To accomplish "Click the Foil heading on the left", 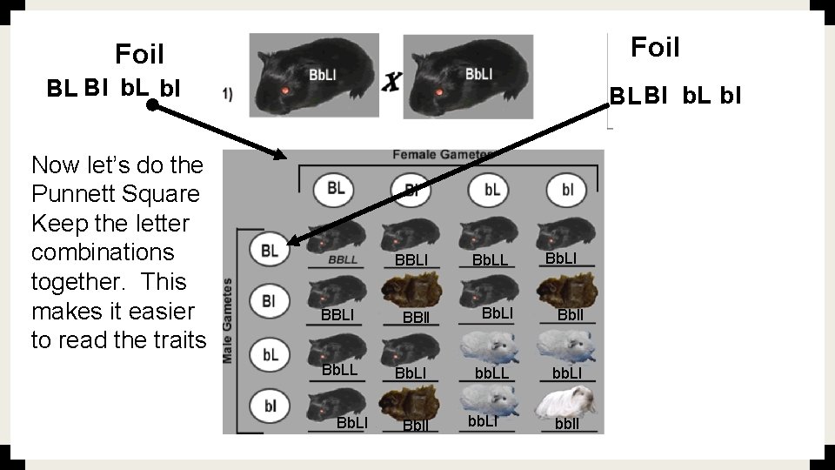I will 139,56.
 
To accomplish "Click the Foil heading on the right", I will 655,47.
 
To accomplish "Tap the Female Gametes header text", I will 443,155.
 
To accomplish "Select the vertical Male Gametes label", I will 229,320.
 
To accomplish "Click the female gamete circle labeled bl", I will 567,189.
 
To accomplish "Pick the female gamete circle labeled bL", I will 491,189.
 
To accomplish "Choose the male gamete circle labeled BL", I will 270,250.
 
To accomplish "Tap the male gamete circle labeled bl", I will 270,405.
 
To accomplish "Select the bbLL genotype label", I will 491,373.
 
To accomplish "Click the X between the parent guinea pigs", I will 392,83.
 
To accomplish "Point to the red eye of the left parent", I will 284,91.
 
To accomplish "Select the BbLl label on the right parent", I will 478,74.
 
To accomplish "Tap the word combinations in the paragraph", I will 103,252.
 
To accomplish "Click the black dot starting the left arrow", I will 151,105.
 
